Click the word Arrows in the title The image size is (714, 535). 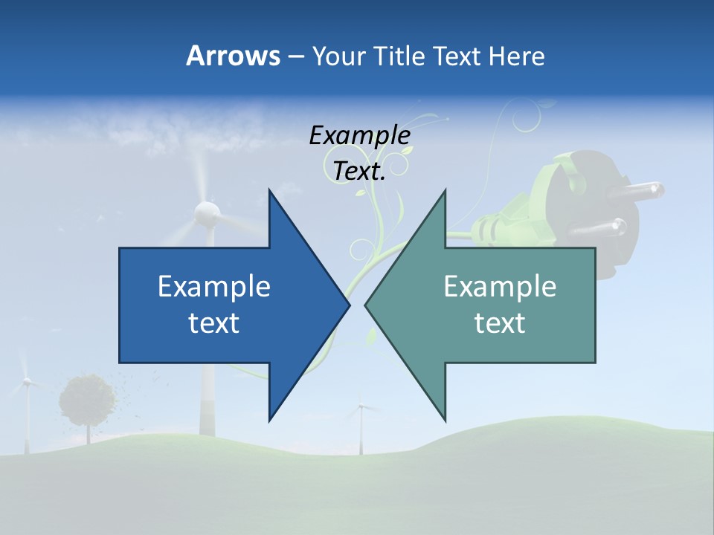(x=233, y=56)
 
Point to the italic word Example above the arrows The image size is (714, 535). (x=359, y=136)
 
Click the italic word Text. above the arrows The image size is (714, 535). (x=359, y=172)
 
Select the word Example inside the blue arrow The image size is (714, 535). (x=214, y=286)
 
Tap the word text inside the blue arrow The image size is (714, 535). (x=214, y=322)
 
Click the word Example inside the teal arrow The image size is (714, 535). (x=500, y=286)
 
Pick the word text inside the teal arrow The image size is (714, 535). (x=500, y=322)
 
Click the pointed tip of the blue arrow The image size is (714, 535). (x=348, y=305)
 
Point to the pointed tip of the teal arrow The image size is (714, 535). (x=367, y=305)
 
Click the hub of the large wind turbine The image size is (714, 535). (x=206, y=214)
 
